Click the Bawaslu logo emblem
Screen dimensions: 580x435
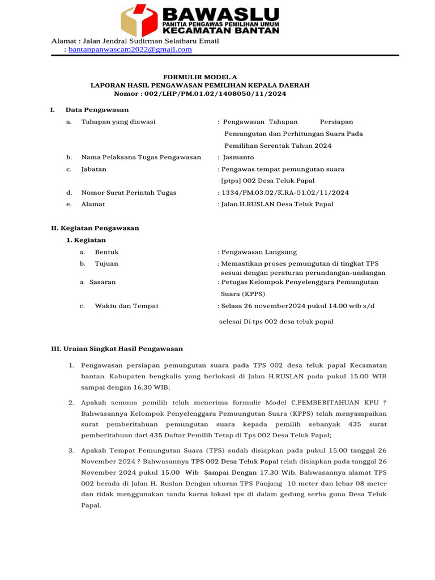139,21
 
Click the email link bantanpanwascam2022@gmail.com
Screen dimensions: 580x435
130,50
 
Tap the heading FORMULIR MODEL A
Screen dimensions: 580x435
200,76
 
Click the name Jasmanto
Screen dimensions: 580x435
238,157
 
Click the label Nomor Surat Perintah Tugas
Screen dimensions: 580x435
129,193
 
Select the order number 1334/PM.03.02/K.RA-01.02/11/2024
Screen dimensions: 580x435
285,193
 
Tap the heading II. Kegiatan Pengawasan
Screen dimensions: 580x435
95,228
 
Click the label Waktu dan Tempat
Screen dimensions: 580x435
126,306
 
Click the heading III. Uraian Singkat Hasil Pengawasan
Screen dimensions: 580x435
117,349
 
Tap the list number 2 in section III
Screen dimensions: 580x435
71,403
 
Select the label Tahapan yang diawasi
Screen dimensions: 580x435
118,122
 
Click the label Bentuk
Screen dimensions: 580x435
106,252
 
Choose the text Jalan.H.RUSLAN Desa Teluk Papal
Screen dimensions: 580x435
278,204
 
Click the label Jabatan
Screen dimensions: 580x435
94,169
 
